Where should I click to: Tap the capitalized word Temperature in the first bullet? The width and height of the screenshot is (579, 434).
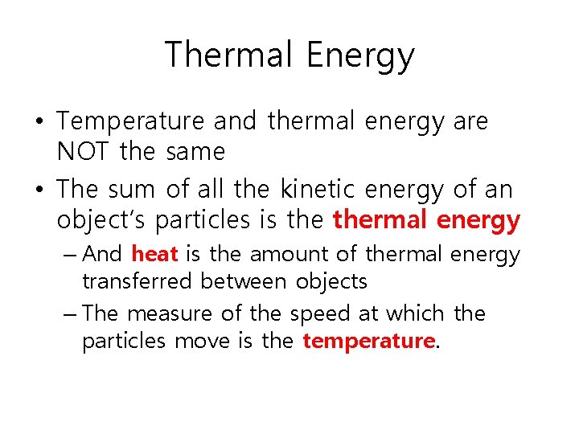tap(131, 121)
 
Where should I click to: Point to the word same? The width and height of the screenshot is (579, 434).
tap(195, 151)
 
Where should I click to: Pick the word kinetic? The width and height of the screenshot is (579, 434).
tap(318, 190)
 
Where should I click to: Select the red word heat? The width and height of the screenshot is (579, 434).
tap(154, 255)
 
